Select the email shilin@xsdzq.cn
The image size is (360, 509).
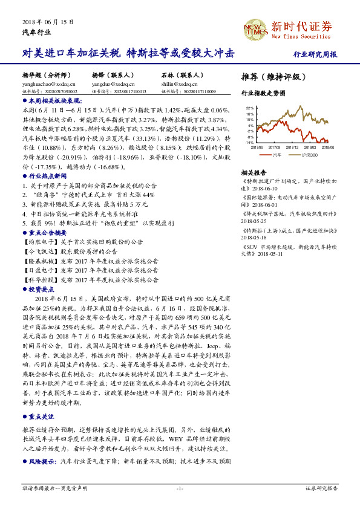[x=175, y=84]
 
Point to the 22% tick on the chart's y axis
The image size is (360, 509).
[x=249, y=108]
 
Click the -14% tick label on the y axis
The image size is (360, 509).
[x=249, y=143]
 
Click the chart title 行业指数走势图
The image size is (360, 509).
[x=263, y=94]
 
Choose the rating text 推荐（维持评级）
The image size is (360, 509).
[x=270, y=77]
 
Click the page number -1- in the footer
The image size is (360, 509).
[x=180, y=487]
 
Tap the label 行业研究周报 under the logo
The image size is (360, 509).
[x=315, y=54]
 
